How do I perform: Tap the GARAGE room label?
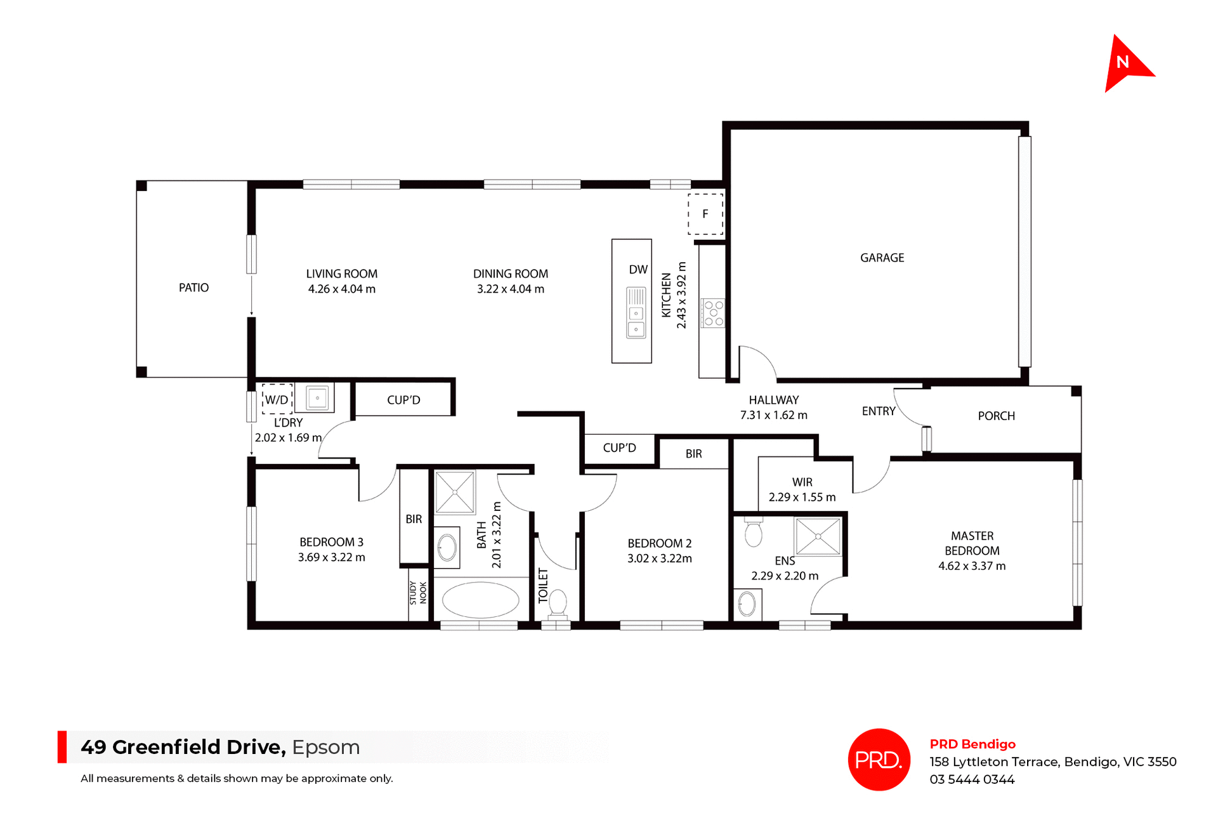click(882, 258)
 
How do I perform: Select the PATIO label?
click(193, 288)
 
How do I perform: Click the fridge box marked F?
click(705, 215)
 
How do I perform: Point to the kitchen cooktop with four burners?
click(713, 314)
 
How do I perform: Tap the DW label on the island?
click(638, 270)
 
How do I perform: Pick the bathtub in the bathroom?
click(480, 600)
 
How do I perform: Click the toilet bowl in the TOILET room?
click(558, 602)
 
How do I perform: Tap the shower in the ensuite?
click(818, 536)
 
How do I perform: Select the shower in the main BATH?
click(455, 492)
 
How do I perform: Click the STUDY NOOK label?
click(418, 593)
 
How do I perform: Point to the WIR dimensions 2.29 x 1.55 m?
click(802, 498)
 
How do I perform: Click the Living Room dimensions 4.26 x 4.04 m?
click(341, 289)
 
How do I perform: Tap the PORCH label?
click(996, 416)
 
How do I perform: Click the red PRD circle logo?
click(879, 760)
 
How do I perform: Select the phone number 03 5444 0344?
click(972, 779)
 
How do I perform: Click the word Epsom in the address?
click(325, 747)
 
